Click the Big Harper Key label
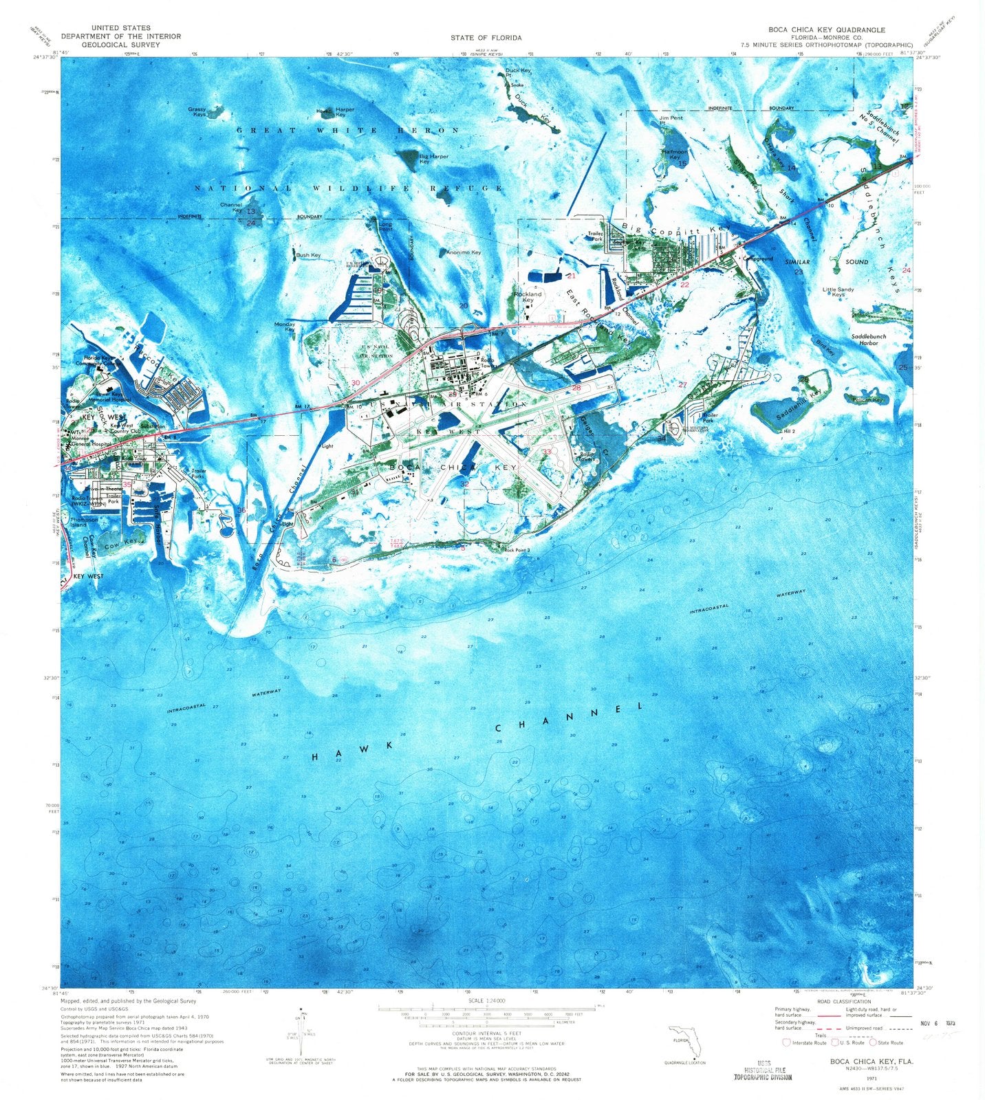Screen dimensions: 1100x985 [x=433, y=159]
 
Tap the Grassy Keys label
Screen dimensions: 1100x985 [x=199, y=111]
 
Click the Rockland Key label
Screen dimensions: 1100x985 [x=528, y=297]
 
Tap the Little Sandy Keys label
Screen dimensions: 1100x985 [x=838, y=292]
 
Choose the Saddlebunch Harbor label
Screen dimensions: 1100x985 [x=868, y=340]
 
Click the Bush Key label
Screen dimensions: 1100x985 [x=307, y=255]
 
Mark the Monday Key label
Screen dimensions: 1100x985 [x=285, y=327]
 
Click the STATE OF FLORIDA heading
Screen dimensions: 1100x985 [x=486, y=38]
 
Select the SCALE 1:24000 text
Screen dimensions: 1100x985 [x=486, y=1000]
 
